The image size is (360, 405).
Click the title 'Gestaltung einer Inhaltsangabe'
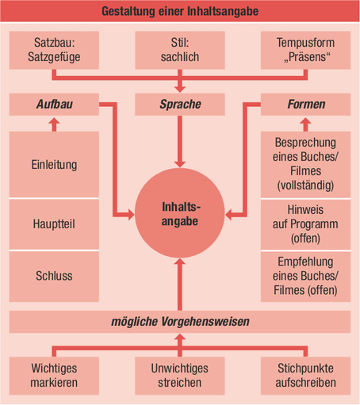coord(180,11)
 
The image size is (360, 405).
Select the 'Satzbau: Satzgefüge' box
coord(54,50)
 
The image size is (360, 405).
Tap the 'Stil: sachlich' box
coord(180,50)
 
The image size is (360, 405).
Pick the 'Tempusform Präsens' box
coord(305,50)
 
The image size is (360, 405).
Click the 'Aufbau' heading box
coord(54,105)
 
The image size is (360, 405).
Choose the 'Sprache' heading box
coord(180,105)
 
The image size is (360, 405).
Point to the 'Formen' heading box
coord(305,105)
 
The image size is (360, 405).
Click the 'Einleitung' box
coord(54,164)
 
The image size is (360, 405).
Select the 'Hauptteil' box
coord(54,224)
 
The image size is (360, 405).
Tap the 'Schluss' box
coord(54,277)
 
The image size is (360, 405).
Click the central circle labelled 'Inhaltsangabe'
coord(180,213)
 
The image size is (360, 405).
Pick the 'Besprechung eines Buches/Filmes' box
coord(305,164)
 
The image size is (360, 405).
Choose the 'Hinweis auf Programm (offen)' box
coord(305,224)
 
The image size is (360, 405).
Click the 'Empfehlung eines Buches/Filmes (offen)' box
coord(305,277)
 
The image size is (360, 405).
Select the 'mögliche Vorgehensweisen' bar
coord(180,322)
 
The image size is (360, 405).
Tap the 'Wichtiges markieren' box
coord(54,376)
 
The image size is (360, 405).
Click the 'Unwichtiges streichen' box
coord(180,376)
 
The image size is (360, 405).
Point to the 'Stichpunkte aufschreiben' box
coord(305,376)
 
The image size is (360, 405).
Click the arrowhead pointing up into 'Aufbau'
coord(54,121)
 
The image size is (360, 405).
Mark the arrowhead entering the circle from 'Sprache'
coord(180,164)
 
